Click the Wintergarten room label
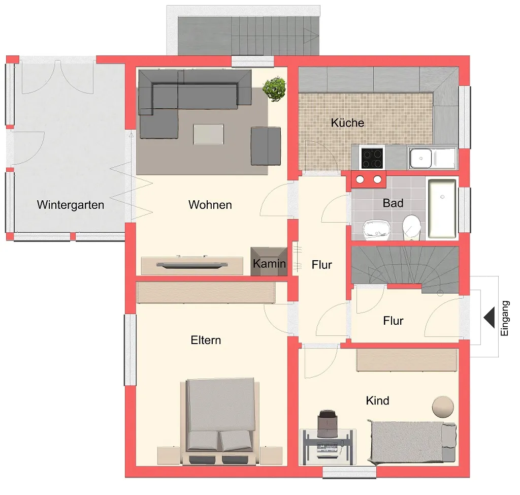pos(70,205)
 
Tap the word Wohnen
pos(210,204)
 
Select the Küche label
pos(347,122)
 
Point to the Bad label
pos(393,203)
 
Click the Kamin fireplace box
pos(269,261)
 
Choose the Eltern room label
pos(206,340)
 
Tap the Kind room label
pos(377,400)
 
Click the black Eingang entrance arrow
pos(489,318)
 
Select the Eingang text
pos(504,318)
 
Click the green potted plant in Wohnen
pos(274,88)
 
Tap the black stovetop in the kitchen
pos(372,158)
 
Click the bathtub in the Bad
pos(442,208)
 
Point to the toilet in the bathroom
pos(411,227)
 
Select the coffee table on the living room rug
pos(208,134)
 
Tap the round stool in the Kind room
pos(443,407)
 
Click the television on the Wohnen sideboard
pos(192,264)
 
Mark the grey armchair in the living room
pos(266,146)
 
